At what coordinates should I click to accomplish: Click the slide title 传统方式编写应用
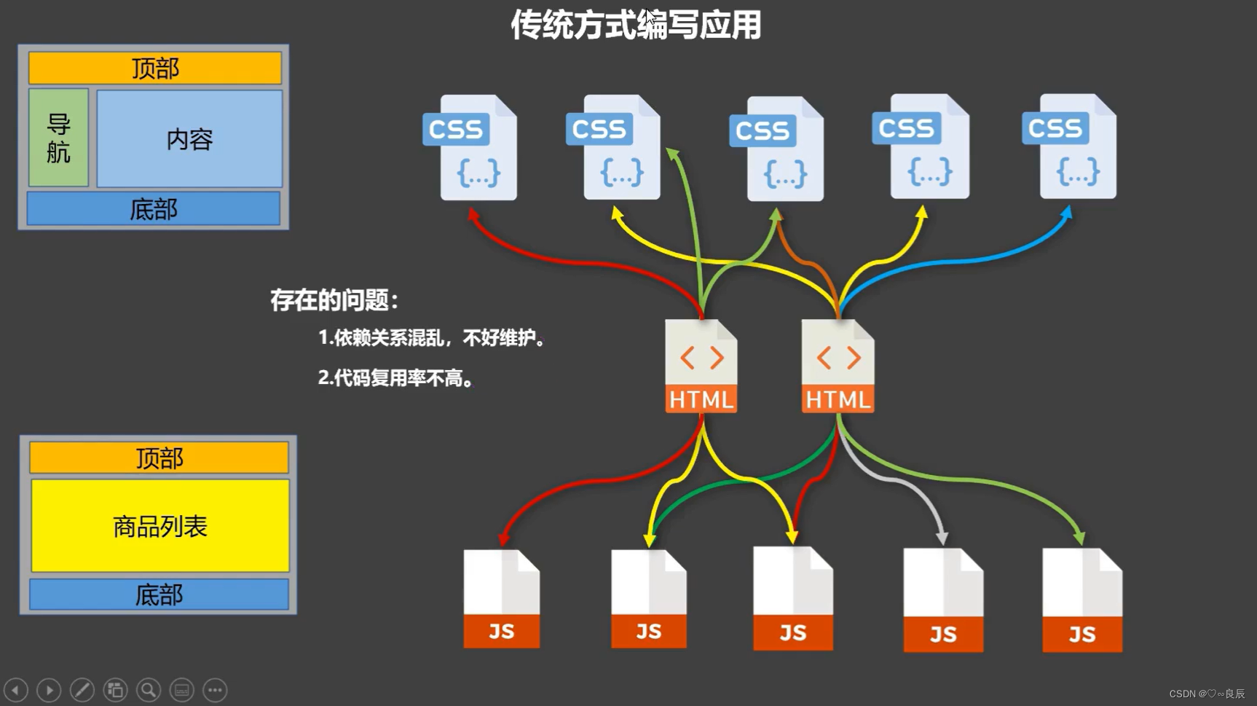pyautogui.click(x=636, y=25)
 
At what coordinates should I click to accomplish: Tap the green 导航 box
pyautogui.click(x=58, y=138)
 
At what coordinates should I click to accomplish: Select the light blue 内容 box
pyautogui.click(x=189, y=138)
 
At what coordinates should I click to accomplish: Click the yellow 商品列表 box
pyautogui.click(x=160, y=525)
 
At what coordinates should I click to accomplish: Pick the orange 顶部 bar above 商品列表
pyautogui.click(x=159, y=458)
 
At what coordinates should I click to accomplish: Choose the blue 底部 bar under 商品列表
pyautogui.click(x=159, y=595)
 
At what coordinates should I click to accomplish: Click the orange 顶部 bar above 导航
pyautogui.click(x=155, y=68)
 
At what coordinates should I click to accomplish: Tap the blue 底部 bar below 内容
pyautogui.click(x=154, y=209)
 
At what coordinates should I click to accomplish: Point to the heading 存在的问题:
pyautogui.click(x=334, y=300)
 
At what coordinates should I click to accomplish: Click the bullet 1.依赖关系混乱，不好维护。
pyautogui.click(x=432, y=338)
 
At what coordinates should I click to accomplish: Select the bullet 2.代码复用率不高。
pyautogui.click(x=396, y=378)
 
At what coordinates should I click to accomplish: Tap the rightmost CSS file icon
pyautogui.click(x=1070, y=146)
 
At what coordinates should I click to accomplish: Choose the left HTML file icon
pyautogui.click(x=701, y=366)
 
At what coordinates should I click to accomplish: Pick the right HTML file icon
pyautogui.click(x=838, y=366)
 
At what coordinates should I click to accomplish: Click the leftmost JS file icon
pyautogui.click(x=502, y=599)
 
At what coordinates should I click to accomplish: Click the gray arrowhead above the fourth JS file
pyautogui.click(x=942, y=538)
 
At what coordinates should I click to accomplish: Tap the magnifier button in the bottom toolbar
pyautogui.click(x=149, y=690)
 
